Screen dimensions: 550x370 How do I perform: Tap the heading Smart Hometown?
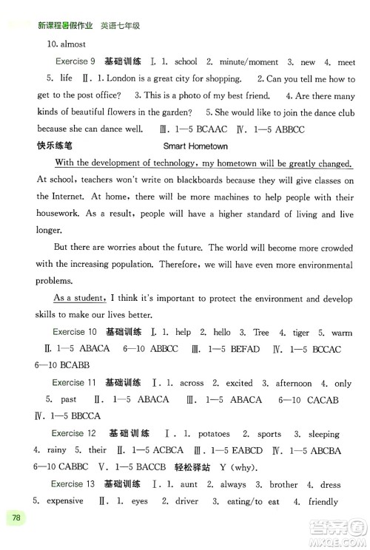click(x=195, y=146)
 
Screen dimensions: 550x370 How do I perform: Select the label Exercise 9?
click(x=75, y=61)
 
